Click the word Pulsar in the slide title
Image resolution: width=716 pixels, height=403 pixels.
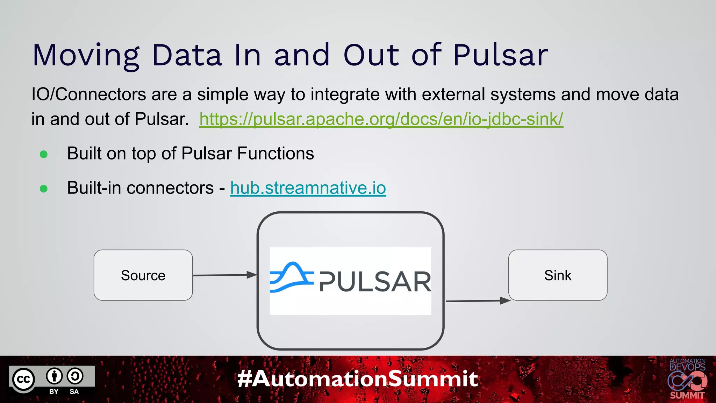pyautogui.click(x=500, y=55)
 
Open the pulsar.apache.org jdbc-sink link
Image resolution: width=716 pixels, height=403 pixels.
pyautogui.click(x=381, y=119)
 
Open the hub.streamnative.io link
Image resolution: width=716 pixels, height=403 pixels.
pyautogui.click(x=308, y=188)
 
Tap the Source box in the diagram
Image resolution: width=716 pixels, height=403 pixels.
pyautogui.click(x=143, y=275)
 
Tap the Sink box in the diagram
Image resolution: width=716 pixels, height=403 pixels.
pyautogui.click(x=558, y=275)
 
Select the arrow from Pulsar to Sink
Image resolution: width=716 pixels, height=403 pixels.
pyautogui.click(x=478, y=301)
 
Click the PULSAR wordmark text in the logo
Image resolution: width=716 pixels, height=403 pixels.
pyautogui.click(x=375, y=282)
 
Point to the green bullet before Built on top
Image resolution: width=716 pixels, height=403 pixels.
pyautogui.click(x=44, y=154)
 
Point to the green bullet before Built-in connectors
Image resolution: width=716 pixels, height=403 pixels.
pyautogui.click(x=44, y=189)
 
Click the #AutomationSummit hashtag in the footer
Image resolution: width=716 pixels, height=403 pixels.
pyautogui.click(x=357, y=379)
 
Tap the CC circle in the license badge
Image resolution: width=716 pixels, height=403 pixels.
pyautogui.click(x=24, y=379)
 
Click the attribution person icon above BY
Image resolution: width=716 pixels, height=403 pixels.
pyautogui.click(x=54, y=376)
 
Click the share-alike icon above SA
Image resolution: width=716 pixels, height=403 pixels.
pyautogui.click(x=75, y=376)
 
